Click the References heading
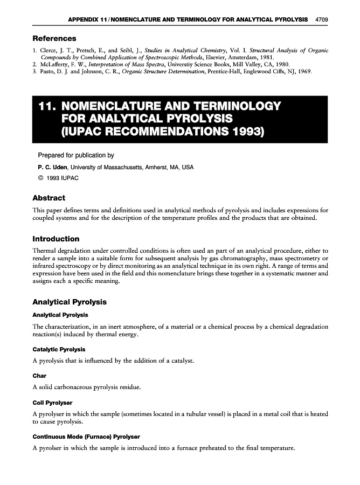coord(54,38)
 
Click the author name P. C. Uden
coord(52,167)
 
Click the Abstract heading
coord(49,198)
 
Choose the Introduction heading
coord(56,239)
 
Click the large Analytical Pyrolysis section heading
coord(70,302)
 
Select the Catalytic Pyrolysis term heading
coord(59,350)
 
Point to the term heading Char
coord(39,376)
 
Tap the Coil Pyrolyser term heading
coord(52,402)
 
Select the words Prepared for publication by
coord(75,155)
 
